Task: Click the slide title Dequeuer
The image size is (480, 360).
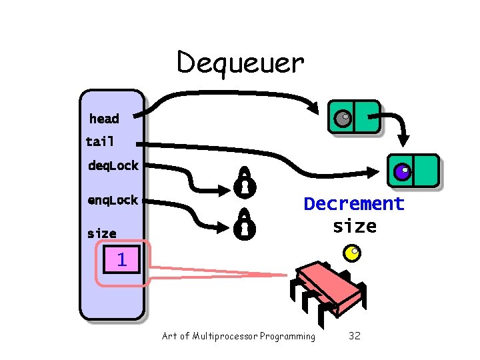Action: pyautogui.click(x=240, y=63)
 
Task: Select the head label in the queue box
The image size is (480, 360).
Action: pyautogui.click(x=104, y=119)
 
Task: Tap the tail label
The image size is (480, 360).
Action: pyautogui.click(x=100, y=141)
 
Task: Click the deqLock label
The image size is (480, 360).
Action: pyautogui.click(x=113, y=165)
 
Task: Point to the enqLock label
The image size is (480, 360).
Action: pyautogui.click(x=113, y=200)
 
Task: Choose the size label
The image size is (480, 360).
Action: pyautogui.click(x=101, y=233)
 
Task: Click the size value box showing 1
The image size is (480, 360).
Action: pyautogui.click(x=121, y=259)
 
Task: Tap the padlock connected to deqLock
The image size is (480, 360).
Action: pyautogui.click(x=244, y=183)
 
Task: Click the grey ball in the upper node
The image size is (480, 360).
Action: pyautogui.click(x=342, y=119)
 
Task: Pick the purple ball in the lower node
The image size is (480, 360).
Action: pyautogui.click(x=402, y=173)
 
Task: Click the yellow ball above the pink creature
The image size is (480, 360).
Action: pyautogui.click(x=352, y=253)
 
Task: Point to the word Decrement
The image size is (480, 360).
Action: pyautogui.click(x=354, y=203)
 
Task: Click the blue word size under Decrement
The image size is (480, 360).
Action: pyautogui.click(x=354, y=226)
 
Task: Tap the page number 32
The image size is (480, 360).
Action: pyautogui.click(x=355, y=336)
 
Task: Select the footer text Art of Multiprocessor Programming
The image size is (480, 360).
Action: pyautogui.click(x=239, y=336)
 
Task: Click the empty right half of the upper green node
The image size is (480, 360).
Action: pyautogui.click(x=367, y=117)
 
